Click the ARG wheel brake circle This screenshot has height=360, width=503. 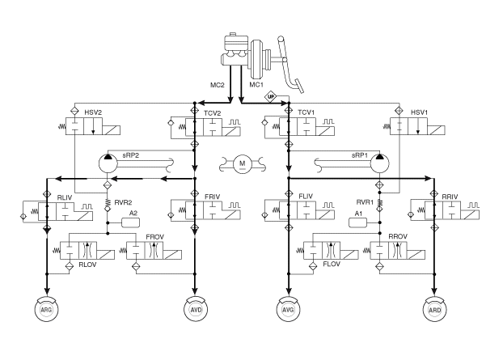47,310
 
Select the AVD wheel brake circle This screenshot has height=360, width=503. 196,310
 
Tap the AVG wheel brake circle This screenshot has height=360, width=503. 289,310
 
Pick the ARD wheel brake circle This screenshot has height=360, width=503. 435,310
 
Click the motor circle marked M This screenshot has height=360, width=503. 243,164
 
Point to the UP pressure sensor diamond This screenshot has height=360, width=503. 271,96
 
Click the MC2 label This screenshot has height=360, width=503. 218,85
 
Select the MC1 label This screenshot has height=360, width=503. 256,85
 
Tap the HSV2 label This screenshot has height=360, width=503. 93,112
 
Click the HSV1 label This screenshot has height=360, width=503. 419,112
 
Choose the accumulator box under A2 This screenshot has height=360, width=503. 130,222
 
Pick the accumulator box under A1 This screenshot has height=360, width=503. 357,222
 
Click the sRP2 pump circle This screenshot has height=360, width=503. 108,163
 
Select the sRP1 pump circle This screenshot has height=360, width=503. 380,163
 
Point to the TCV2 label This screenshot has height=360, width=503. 213,113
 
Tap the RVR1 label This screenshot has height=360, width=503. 365,202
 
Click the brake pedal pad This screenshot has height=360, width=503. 299,86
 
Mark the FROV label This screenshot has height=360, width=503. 155,237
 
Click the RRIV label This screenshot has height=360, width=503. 450,197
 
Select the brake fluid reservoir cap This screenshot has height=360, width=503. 233,34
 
